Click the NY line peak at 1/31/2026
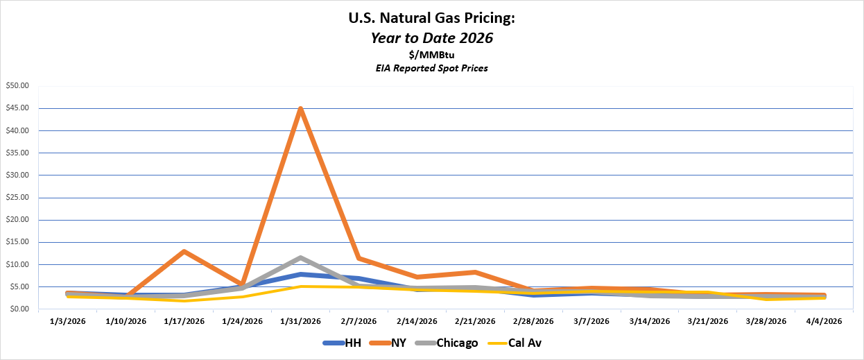[300, 109]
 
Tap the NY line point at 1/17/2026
[184, 251]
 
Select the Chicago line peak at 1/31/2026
[300, 257]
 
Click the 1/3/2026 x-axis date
[67, 322]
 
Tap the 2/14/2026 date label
[417, 322]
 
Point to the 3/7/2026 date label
[591, 322]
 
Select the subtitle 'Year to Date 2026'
[431, 38]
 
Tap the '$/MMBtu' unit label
[431, 55]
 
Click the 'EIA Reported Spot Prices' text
[431, 68]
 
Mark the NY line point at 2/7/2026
[358, 258]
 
